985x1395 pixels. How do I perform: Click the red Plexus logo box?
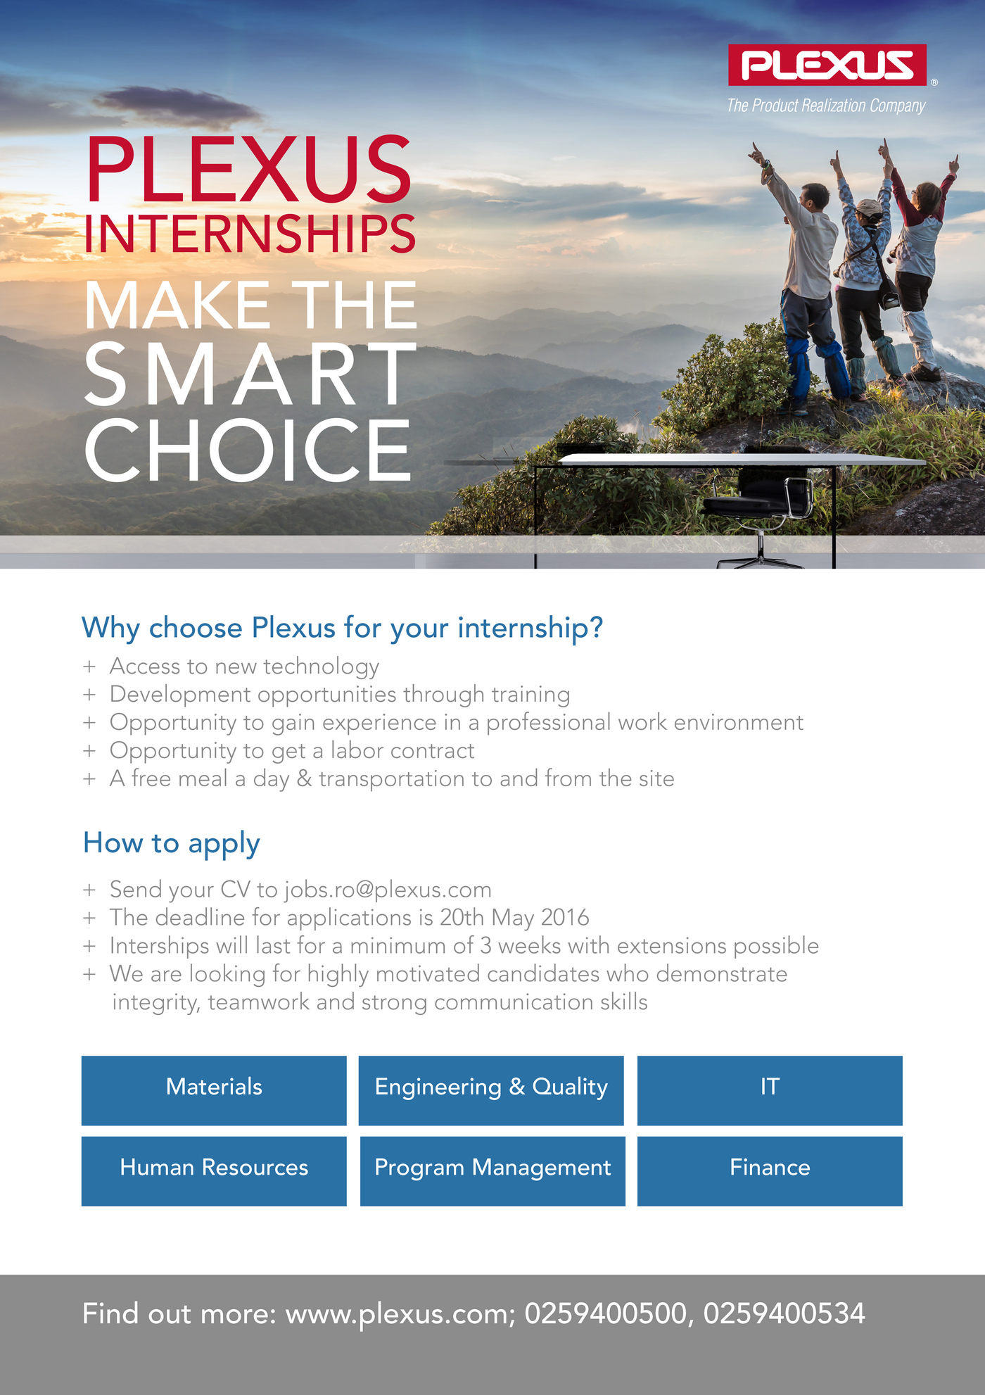point(827,65)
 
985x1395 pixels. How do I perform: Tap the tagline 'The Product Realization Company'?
point(826,106)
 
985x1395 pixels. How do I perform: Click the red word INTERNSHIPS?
point(250,234)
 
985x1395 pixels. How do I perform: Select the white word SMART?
point(250,374)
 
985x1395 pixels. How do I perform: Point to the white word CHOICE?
point(248,450)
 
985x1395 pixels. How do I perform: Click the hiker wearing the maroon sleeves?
point(917,267)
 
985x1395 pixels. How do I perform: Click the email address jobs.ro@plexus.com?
point(388,890)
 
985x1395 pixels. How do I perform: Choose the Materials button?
point(214,1090)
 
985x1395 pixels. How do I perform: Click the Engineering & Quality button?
point(491,1090)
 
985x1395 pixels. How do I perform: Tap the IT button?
point(770,1090)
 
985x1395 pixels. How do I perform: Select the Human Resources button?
point(214,1171)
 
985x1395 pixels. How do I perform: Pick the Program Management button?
point(493,1171)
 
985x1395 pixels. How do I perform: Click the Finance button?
point(770,1171)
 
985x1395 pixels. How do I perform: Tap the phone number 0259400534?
point(784,1314)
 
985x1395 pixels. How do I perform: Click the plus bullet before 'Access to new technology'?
point(89,667)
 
